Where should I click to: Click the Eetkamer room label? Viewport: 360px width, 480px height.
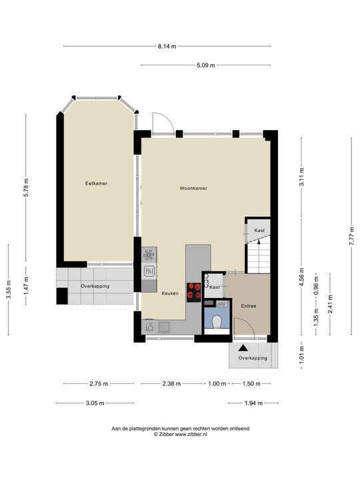97,183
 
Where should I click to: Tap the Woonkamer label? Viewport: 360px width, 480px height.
193,188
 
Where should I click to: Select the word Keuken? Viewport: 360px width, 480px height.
170,293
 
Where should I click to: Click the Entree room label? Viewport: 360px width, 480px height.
249,306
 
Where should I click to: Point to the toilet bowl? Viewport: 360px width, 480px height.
217,322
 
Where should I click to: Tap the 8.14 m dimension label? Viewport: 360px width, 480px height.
167,47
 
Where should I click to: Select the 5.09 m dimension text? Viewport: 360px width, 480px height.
206,65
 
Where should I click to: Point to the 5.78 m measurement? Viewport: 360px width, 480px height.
26,187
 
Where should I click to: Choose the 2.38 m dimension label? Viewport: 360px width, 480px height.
171,383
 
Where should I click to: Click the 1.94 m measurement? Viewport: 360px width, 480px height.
253,403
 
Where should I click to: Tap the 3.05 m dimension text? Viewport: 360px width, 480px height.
95,403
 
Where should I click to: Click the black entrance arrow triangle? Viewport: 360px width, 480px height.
243,348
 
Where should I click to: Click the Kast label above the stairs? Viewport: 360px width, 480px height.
259,230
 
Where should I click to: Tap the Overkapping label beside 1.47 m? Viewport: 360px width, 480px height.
95,286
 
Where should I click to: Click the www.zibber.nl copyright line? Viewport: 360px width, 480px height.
180,434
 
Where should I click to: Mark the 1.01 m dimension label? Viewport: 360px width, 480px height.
302,355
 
